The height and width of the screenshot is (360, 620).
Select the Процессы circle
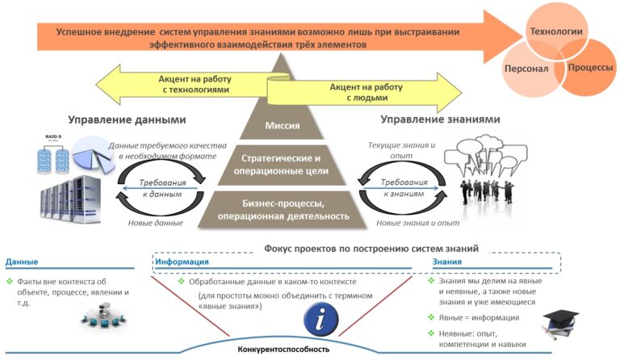coord(589,68)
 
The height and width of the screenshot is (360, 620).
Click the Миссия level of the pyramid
coord(282,125)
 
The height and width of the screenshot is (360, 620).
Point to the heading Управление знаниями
coord(441,119)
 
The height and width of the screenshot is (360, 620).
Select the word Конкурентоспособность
coord(283,350)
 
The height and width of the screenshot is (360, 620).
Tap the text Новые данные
coord(156,223)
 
